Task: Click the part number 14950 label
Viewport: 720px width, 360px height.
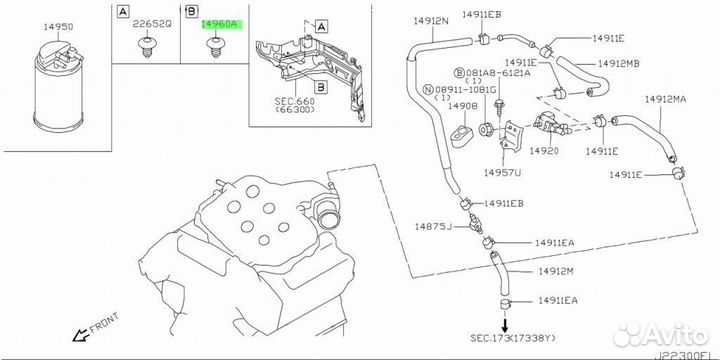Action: point(58,27)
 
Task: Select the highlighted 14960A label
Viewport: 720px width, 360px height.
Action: point(221,25)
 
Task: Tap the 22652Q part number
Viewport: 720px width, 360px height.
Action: point(152,24)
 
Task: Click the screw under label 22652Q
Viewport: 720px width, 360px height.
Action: point(146,47)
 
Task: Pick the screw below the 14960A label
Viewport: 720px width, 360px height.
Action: point(214,47)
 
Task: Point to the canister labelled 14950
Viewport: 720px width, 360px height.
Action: point(59,86)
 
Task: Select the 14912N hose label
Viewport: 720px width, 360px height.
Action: point(430,22)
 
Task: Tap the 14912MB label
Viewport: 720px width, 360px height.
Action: point(619,63)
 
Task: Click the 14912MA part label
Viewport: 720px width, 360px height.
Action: point(665,99)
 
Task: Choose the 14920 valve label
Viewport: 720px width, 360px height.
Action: point(544,151)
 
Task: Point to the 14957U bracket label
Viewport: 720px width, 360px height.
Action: point(502,173)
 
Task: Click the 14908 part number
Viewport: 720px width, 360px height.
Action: point(463,106)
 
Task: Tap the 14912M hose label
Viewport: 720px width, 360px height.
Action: point(556,272)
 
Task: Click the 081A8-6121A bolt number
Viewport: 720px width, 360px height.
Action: point(492,73)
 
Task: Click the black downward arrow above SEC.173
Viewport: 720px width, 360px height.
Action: point(505,326)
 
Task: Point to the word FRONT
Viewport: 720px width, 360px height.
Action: point(105,322)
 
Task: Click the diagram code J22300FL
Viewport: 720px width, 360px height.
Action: point(686,355)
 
